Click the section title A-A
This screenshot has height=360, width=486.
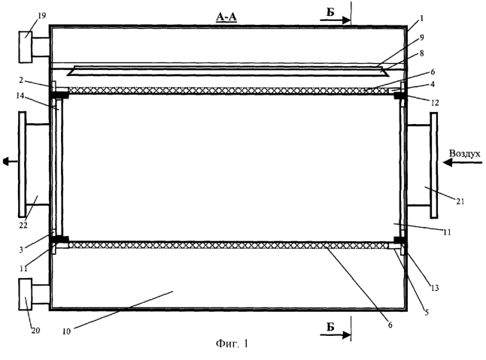[x=226, y=17]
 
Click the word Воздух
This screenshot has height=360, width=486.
[x=465, y=153]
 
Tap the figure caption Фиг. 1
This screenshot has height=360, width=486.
[x=232, y=343]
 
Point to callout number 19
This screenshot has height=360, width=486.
[x=41, y=16]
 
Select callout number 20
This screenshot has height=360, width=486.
[x=35, y=331]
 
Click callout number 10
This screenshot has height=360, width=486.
[x=67, y=331]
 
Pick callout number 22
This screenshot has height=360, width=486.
[x=23, y=225]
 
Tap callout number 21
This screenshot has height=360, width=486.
[x=460, y=201]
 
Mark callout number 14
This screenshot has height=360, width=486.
[x=20, y=95]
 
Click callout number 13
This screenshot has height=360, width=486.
[x=435, y=288]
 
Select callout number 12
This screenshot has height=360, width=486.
[x=435, y=102]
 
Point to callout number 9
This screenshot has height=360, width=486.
[x=421, y=38]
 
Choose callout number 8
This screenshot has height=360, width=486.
[x=421, y=53]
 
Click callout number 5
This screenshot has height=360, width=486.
[x=427, y=313]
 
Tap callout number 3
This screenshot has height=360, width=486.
[x=21, y=250]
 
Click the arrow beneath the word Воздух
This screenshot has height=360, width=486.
[x=463, y=162]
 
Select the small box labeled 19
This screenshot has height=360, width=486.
[x=26, y=47]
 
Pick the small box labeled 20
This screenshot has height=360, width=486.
[x=26, y=294]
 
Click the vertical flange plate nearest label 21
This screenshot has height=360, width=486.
[x=434, y=165]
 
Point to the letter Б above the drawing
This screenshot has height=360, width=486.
[x=330, y=12]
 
